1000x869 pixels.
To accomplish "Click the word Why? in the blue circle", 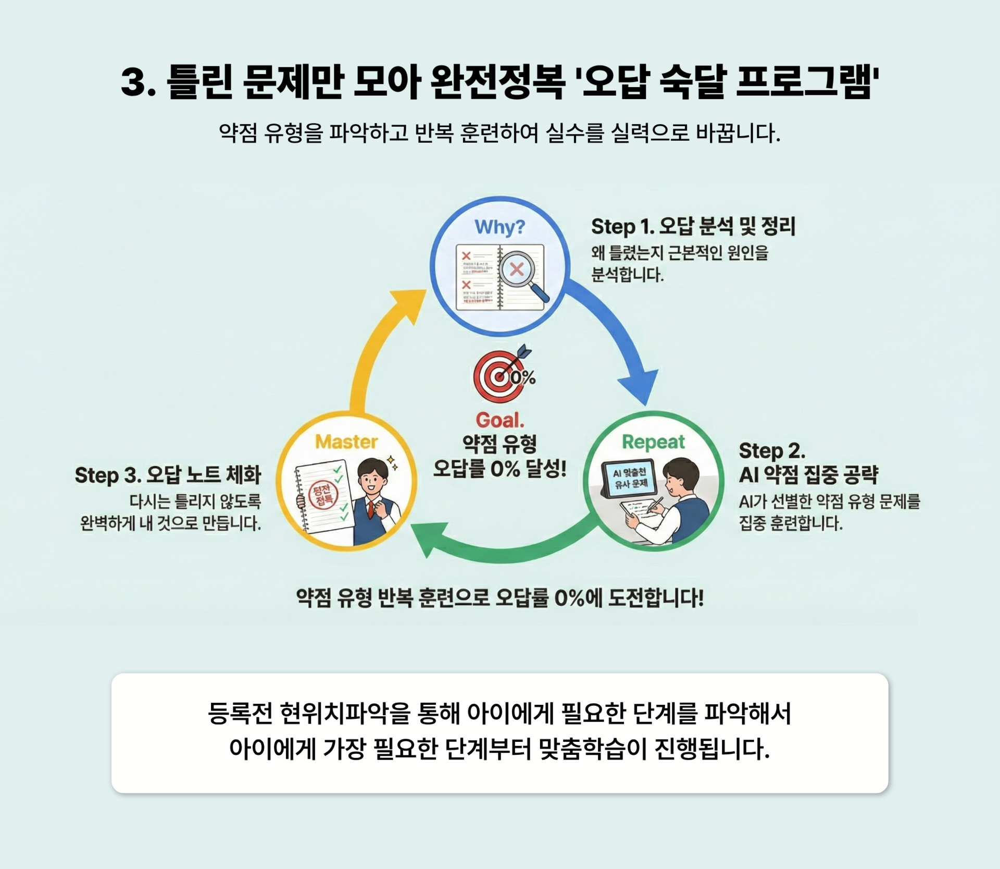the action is tap(499, 227).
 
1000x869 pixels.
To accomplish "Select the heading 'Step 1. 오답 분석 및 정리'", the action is tap(693, 227).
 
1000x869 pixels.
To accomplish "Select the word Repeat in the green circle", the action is tap(653, 442).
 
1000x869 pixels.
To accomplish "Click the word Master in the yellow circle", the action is tap(346, 442).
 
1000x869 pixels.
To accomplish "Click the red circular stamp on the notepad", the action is tap(323, 495).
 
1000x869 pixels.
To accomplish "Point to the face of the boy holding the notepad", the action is tap(373, 480).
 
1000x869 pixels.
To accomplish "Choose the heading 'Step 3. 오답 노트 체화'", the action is tap(168, 475).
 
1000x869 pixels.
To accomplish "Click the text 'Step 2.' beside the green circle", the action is tap(771, 450).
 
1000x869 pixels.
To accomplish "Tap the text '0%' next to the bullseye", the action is tap(523, 377).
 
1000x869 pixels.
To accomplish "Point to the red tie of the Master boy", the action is tap(371, 509).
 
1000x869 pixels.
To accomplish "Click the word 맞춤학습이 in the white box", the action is tap(593, 749).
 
